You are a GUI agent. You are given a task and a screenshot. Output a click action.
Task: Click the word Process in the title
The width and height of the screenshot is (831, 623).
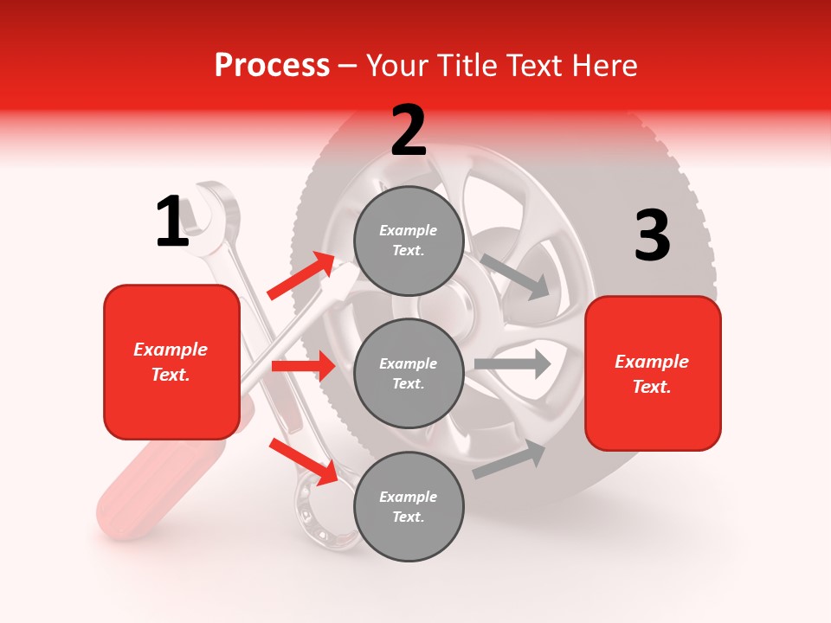coord(272,66)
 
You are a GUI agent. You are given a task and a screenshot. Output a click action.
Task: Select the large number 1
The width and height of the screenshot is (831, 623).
coord(172,222)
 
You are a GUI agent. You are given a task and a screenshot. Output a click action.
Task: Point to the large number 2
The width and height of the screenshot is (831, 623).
coord(409,131)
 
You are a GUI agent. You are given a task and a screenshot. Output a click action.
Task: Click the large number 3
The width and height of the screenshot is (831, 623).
coord(652,236)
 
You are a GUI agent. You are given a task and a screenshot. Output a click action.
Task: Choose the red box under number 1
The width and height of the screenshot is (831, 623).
coord(171,362)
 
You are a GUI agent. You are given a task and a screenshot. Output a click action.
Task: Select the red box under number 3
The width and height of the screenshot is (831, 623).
coord(653,373)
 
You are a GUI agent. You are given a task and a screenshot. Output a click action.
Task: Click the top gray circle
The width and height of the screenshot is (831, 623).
coord(409,241)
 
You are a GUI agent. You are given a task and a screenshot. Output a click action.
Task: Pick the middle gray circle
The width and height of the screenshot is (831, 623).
coord(409,373)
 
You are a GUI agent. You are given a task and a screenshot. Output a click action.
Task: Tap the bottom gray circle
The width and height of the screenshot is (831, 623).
coord(409,506)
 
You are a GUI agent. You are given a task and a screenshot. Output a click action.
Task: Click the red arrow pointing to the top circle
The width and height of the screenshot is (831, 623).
coord(301,275)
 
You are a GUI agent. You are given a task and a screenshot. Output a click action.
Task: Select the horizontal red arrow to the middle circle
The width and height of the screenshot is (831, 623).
coord(303,366)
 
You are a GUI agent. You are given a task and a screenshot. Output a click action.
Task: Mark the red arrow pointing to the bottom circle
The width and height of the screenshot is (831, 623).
coord(304,461)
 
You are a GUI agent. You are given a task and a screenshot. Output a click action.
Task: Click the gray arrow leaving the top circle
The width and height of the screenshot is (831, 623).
coord(516,277)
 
